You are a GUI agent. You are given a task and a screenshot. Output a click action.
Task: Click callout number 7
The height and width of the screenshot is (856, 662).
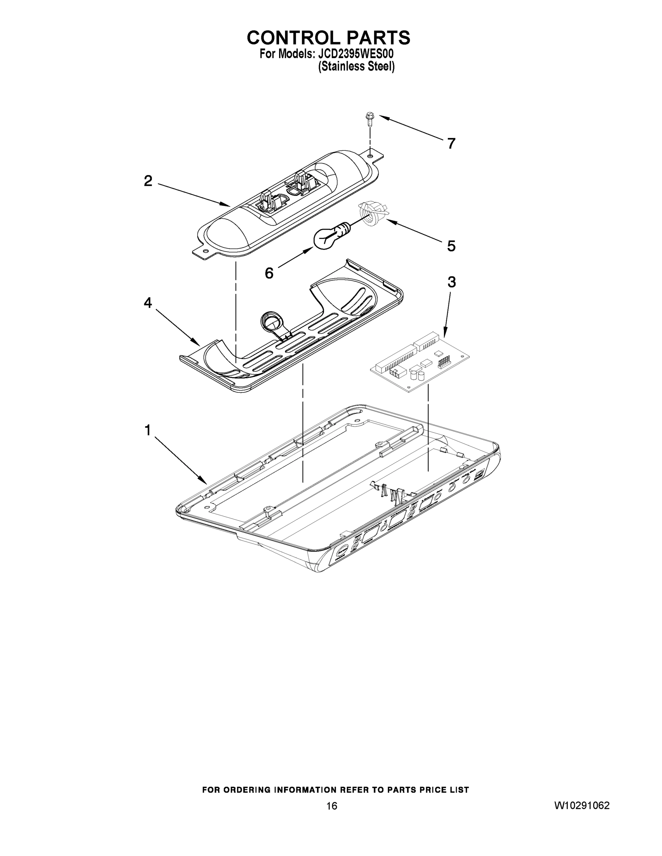[x=451, y=144]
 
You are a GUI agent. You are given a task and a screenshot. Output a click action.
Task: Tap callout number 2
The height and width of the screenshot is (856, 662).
[x=148, y=181]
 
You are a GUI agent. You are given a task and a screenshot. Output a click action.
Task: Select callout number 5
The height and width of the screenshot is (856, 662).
[x=451, y=246]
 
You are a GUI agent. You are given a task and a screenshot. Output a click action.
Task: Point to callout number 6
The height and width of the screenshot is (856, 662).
[x=269, y=273]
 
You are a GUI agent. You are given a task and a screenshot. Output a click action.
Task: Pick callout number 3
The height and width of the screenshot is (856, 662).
[x=451, y=282]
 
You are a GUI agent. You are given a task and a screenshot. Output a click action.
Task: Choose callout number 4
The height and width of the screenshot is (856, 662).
[x=148, y=302]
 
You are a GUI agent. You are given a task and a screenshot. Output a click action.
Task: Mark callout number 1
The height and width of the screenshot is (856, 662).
[x=147, y=430]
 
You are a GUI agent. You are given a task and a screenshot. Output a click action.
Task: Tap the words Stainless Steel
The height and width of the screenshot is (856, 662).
[x=356, y=67]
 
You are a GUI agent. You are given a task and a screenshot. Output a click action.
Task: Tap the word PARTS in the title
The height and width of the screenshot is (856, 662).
[x=378, y=37]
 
